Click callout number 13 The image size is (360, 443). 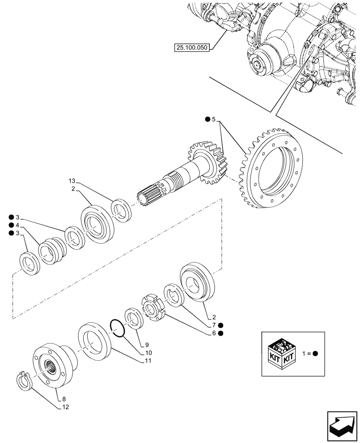point(72,181)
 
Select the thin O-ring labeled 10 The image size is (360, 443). point(117,329)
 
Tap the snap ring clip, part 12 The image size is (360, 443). point(26,381)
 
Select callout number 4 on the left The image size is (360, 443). point(18,225)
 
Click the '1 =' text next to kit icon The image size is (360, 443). point(305,353)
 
